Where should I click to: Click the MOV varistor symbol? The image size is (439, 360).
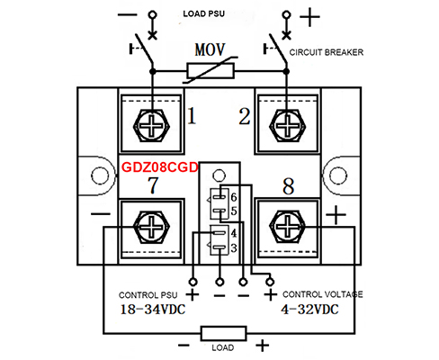click(211, 71)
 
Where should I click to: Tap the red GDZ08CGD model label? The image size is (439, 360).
click(159, 167)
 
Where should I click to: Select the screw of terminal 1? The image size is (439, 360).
click(151, 125)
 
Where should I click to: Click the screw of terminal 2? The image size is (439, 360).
click(287, 125)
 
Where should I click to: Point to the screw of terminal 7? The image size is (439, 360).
click(151, 227)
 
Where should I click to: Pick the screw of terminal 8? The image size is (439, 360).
click(287, 227)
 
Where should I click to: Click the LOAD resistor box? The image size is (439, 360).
click(224, 333)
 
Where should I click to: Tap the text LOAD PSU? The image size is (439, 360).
click(204, 13)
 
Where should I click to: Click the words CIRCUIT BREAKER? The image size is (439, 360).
click(327, 52)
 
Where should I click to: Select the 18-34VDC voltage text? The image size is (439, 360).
click(153, 310)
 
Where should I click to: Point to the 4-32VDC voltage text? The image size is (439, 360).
click(309, 309)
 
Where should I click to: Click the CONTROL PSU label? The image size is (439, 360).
click(148, 295)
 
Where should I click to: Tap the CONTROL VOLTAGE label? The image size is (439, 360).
click(323, 294)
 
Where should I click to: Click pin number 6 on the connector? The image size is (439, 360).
click(234, 197)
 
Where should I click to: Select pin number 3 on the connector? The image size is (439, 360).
click(234, 248)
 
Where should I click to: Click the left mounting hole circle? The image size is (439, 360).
click(100, 175)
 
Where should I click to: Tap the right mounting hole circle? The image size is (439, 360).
click(338, 175)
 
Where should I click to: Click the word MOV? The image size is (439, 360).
click(210, 49)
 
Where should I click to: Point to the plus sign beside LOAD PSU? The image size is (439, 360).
click(309, 17)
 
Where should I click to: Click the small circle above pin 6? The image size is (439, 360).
click(219, 175)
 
